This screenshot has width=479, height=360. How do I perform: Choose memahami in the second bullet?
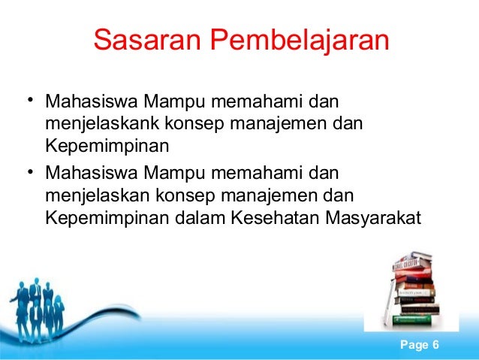(x=252, y=175)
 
